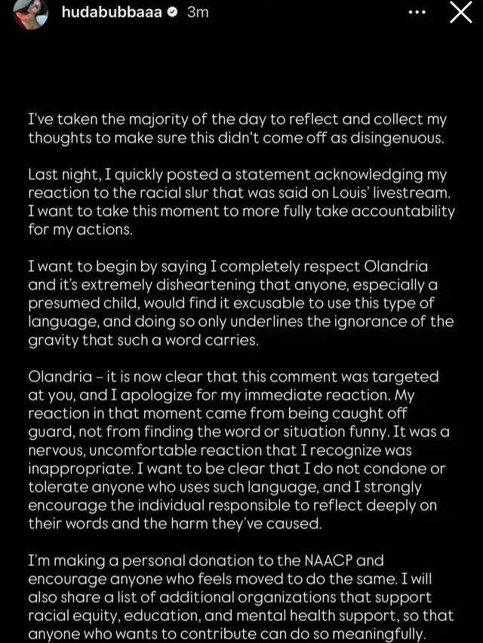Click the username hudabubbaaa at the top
[112, 12]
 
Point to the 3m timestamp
[197, 12]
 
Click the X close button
[460, 12]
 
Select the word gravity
[54, 339]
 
